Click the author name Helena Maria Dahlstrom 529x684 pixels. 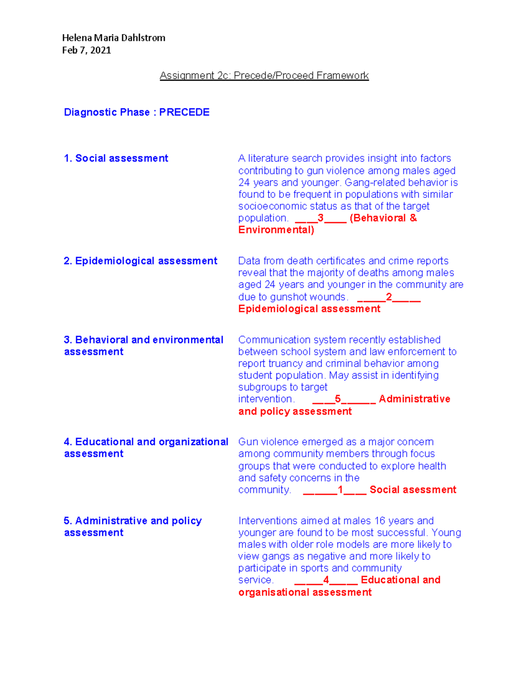point(113,38)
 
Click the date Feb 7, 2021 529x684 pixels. point(86,50)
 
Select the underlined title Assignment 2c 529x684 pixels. point(264,76)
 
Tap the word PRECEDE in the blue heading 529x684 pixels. point(184,112)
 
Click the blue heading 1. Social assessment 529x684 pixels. point(116,159)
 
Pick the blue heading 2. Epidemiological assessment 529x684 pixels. point(141,261)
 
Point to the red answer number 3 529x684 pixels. point(320,218)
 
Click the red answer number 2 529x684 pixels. point(389,297)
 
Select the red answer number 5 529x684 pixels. point(338,399)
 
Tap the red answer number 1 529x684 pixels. point(340,490)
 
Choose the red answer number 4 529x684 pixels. point(326,580)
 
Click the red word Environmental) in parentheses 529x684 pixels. point(276,230)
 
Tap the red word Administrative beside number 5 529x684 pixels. point(414,399)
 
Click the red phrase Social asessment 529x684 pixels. point(413,490)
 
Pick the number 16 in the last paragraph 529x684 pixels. point(380,521)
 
